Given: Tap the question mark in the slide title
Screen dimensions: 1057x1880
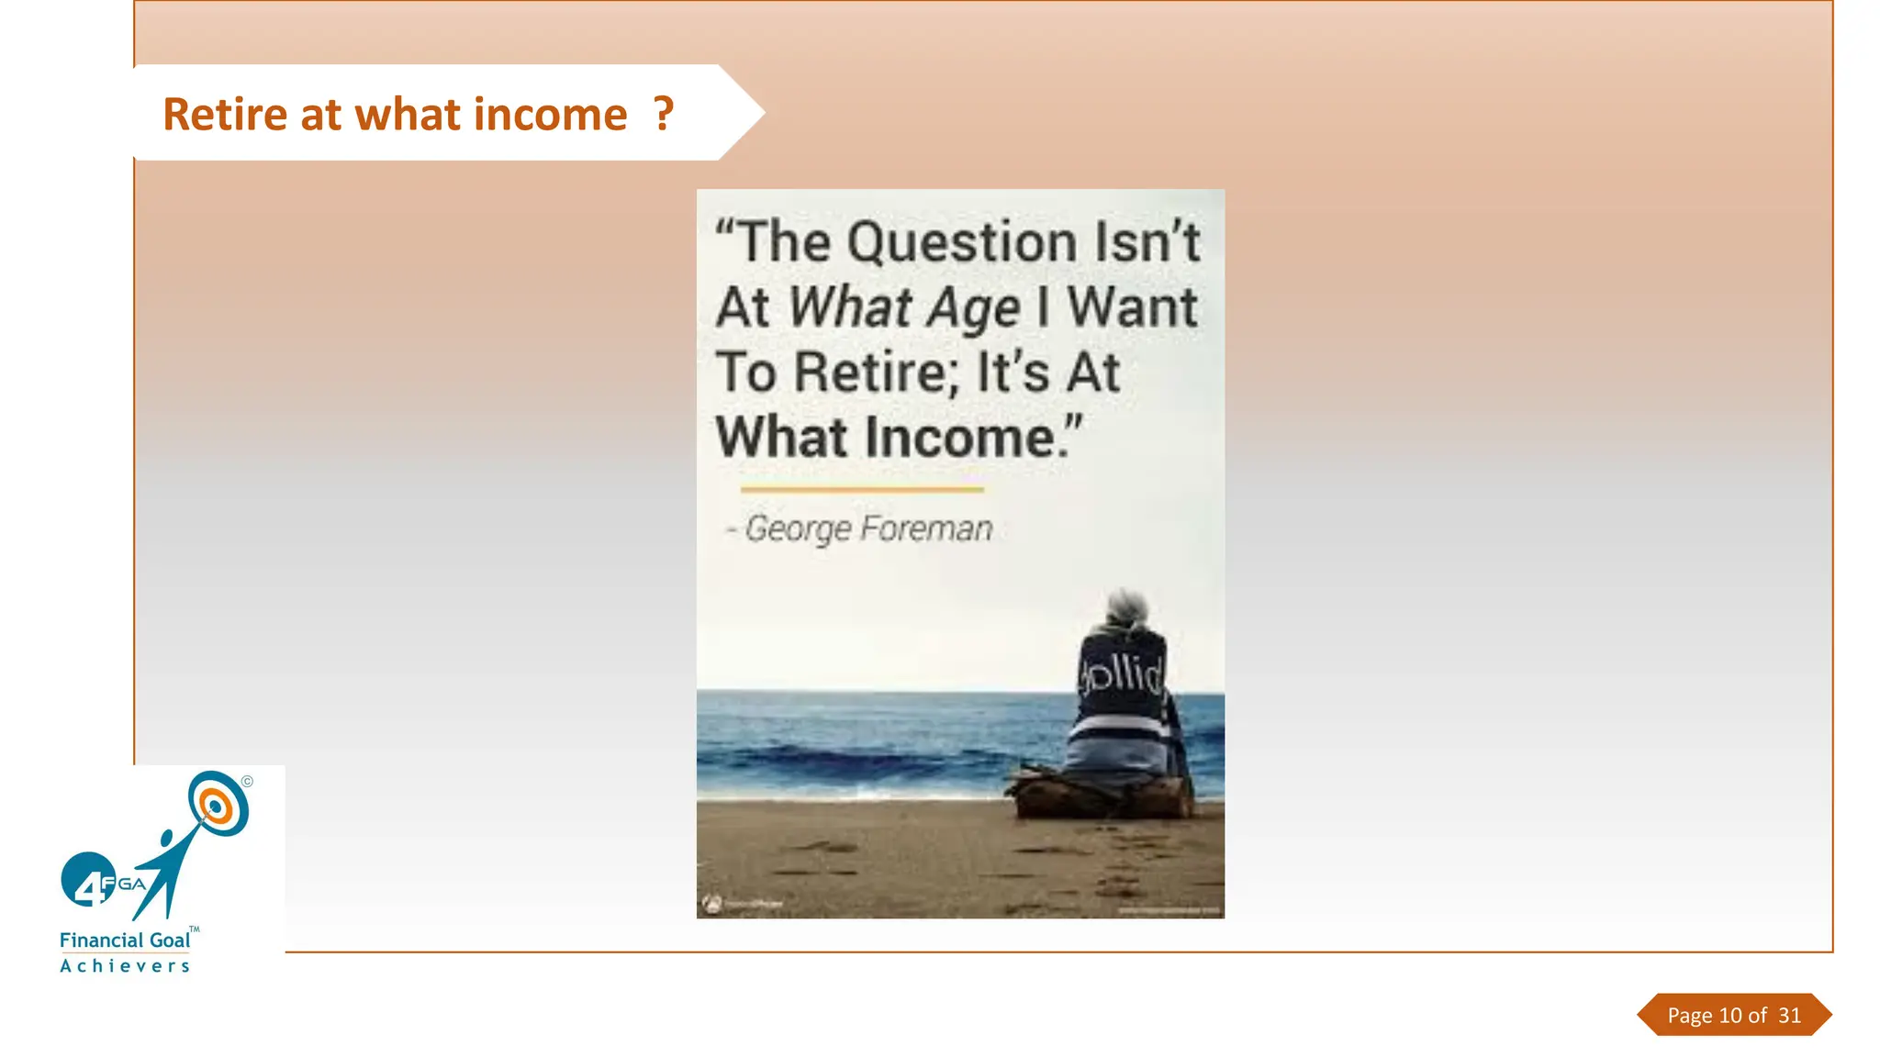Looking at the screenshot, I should click(x=664, y=115).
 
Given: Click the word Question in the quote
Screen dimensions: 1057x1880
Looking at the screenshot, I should click(x=961, y=242).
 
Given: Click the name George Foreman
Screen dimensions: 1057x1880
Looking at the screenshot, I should click(x=868, y=528).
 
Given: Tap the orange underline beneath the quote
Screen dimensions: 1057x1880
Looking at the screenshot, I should click(x=862, y=490).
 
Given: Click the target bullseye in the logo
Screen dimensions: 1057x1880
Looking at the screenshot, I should click(x=217, y=805).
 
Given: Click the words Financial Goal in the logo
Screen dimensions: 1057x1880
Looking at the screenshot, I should click(x=125, y=940).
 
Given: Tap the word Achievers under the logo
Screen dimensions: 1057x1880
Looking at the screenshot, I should click(x=125, y=966).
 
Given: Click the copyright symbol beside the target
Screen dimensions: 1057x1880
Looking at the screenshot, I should click(x=247, y=782).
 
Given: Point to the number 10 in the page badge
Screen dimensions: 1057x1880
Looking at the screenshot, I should click(x=1730, y=1016).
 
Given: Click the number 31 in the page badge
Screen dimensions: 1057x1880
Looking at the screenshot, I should click(x=1789, y=1016).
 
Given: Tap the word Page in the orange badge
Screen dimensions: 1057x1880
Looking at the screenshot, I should click(x=1689, y=1016).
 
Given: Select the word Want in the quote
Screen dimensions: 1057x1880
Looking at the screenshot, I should click(x=1132, y=307).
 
